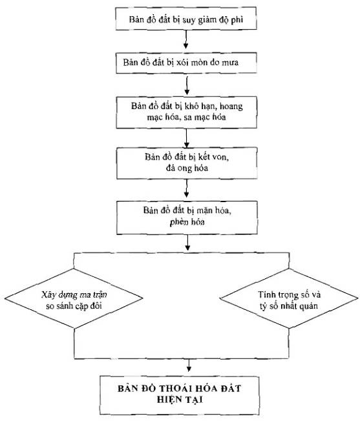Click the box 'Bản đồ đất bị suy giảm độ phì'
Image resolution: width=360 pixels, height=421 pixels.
point(186,18)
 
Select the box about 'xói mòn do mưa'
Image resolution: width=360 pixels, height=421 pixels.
point(186,63)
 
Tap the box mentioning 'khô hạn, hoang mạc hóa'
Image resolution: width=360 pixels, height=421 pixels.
point(186,112)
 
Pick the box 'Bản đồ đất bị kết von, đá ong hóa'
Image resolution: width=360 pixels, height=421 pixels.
point(187,163)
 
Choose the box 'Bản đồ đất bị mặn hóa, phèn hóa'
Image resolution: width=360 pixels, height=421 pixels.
point(187,218)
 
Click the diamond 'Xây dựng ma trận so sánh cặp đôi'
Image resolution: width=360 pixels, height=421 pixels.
point(74,298)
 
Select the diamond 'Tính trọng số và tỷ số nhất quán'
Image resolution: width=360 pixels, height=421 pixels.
point(289,298)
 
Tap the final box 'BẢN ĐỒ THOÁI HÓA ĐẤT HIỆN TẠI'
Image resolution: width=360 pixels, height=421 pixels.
point(180,395)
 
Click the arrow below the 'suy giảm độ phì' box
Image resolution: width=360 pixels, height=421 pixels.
point(185,39)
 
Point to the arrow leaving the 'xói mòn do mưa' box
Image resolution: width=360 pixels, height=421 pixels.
point(187,85)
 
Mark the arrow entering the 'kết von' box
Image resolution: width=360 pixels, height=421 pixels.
point(186,138)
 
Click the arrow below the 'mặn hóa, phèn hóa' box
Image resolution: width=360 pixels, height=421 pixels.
point(187,243)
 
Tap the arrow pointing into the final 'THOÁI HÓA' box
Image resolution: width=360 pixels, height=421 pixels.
point(189,365)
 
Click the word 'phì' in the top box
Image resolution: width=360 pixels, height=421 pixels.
point(237,20)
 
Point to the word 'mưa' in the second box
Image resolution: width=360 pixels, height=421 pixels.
point(229,63)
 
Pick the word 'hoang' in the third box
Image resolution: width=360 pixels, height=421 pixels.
point(231,107)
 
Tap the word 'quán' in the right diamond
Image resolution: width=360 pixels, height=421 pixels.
point(308,306)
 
